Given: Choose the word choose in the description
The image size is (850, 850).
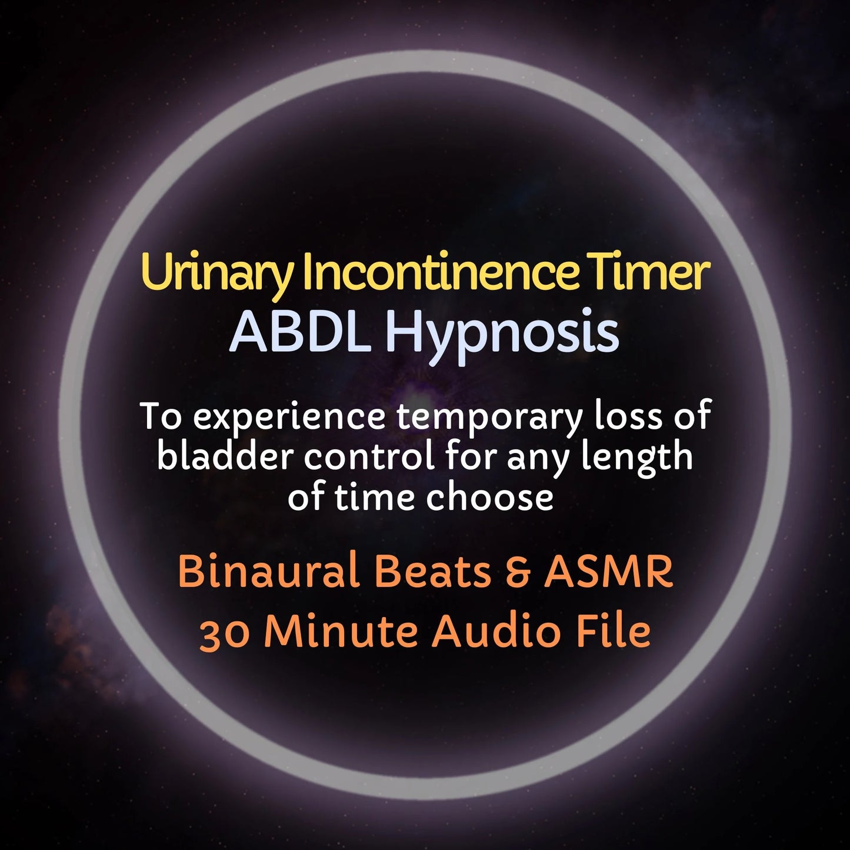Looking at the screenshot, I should pos(489,497).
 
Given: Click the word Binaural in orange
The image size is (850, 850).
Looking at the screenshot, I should pos(269,572).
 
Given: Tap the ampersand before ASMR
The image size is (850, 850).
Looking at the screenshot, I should pos(518,572).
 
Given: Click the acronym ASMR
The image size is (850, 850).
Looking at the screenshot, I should pos(608,572).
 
